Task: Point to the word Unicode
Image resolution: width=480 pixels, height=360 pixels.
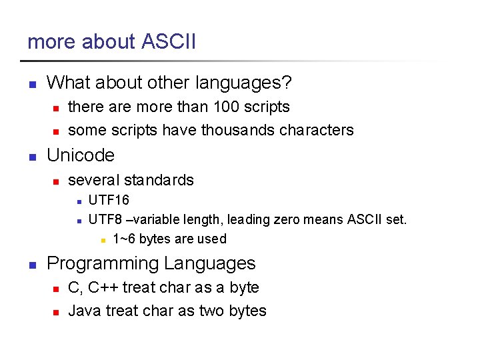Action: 81,155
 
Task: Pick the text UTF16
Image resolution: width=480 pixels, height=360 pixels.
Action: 109,201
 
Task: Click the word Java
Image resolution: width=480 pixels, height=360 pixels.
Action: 84,311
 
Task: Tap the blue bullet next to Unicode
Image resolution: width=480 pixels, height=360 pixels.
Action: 31,157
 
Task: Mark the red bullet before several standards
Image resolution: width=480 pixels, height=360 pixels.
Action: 57,181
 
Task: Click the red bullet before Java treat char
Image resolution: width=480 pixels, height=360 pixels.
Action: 57,312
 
